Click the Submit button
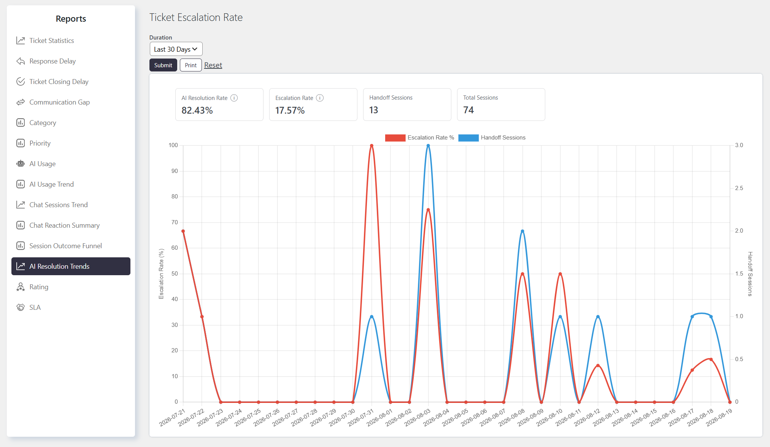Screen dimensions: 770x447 pos(163,65)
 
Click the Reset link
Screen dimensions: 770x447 pos(213,65)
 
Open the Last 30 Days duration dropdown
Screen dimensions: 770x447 pos(176,49)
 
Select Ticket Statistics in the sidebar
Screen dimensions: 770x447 pos(52,41)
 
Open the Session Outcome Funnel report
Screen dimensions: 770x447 pos(65,246)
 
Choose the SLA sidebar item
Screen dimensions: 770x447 pos(35,308)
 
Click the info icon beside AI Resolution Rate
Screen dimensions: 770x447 pos(234,98)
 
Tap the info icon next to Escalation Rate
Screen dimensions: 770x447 pos(320,98)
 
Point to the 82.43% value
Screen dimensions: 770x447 pos(197,110)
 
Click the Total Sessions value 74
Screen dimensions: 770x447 pos(468,110)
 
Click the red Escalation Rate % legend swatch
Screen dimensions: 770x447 pos(395,138)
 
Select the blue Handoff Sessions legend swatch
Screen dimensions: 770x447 pos(468,138)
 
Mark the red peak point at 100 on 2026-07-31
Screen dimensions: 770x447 pos(372,146)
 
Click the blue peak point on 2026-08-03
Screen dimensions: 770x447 pos(428,146)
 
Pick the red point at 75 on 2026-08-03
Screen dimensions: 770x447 pos(428,210)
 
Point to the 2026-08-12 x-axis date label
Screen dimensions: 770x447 pos(587,417)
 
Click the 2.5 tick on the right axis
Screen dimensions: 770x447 pos(739,188)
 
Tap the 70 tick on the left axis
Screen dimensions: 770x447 pos(175,222)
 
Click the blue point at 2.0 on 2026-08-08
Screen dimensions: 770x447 pos(522,231)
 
